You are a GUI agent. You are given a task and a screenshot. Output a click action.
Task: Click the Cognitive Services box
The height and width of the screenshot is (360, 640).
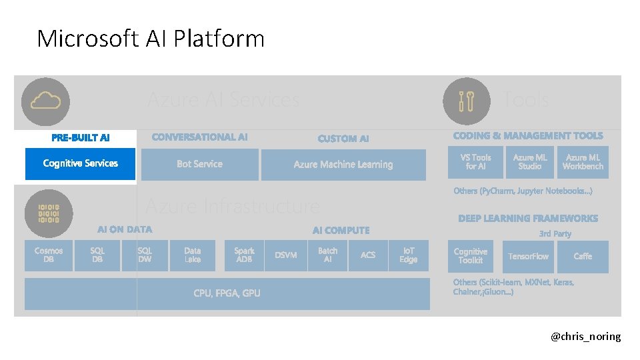[x=80, y=164]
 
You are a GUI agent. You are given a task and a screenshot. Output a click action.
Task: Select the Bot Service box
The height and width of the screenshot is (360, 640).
[x=199, y=165]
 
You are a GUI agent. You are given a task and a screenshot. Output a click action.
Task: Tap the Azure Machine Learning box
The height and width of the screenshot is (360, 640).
[x=343, y=165]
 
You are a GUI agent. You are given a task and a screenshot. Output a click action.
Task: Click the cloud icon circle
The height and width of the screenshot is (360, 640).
[x=45, y=101]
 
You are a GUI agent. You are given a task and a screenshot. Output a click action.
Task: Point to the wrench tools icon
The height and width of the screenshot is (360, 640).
[x=467, y=101]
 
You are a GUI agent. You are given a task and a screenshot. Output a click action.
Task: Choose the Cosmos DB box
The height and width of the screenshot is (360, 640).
[x=49, y=255]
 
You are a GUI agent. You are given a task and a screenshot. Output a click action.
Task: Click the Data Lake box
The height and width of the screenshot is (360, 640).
[x=192, y=255]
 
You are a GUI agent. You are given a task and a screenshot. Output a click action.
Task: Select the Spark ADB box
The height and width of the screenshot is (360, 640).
[x=244, y=255]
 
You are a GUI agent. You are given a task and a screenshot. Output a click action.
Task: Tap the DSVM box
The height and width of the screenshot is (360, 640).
[x=286, y=255]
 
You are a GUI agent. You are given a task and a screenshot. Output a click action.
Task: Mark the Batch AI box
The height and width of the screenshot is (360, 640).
[x=327, y=255]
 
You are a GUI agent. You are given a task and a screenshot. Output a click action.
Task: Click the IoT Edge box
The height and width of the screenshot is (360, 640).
[x=408, y=255]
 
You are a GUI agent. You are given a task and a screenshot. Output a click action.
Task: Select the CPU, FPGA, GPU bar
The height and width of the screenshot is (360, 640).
[x=227, y=294]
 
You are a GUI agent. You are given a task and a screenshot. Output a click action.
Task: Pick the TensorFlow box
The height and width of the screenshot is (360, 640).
[x=528, y=257]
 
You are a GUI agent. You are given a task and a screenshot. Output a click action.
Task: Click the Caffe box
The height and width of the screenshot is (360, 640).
[x=583, y=257]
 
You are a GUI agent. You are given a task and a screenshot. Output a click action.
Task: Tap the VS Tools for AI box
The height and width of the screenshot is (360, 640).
[x=476, y=162]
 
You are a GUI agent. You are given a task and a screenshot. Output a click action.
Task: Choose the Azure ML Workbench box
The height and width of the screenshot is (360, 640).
[x=583, y=162]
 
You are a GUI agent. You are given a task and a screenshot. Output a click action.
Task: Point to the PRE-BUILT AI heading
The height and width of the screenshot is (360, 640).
[x=81, y=138]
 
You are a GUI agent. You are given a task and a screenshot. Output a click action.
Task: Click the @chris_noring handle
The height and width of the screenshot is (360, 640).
[x=585, y=337]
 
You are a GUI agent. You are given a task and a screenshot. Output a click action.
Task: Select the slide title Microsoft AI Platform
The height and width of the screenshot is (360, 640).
[x=151, y=39]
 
